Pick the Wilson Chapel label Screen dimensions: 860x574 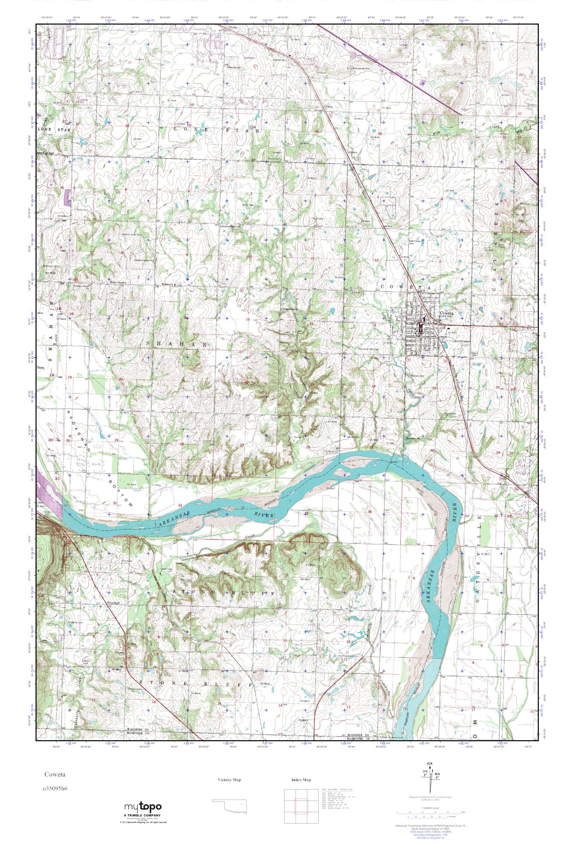coord(116,282)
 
